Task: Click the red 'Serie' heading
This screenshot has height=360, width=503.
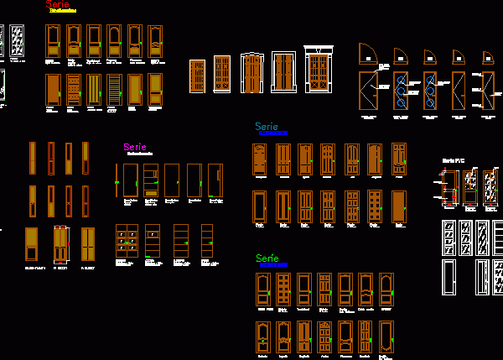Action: click(x=58, y=4)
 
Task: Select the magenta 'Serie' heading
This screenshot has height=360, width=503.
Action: click(x=134, y=148)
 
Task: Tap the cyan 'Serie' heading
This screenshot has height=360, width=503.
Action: click(x=266, y=127)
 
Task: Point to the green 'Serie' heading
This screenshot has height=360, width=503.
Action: click(x=267, y=258)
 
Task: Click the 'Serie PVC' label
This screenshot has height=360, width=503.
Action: click(x=453, y=160)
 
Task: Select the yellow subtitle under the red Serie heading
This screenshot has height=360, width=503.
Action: click(x=63, y=12)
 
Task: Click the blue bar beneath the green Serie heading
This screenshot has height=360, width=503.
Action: click(x=273, y=265)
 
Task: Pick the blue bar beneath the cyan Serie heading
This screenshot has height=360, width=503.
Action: click(x=274, y=133)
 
